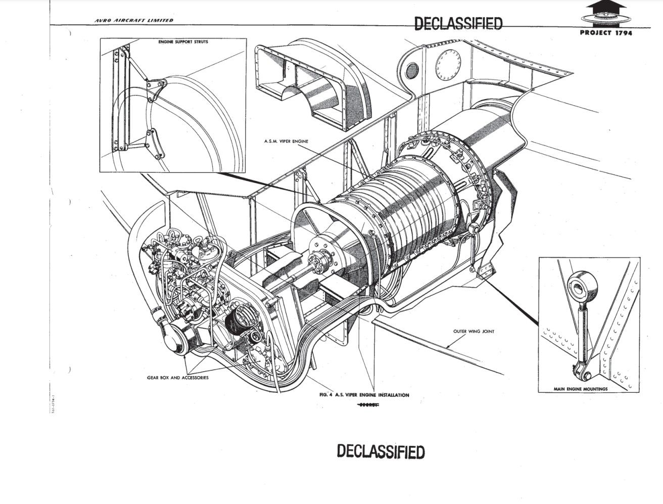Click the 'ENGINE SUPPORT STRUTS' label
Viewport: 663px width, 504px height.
point(183,42)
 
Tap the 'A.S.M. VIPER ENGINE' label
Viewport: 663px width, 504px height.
point(286,142)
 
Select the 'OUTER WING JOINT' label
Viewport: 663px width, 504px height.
point(473,332)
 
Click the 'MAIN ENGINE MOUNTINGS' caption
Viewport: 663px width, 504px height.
point(581,389)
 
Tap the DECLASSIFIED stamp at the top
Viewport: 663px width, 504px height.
point(458,23)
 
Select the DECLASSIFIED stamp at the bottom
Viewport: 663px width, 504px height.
point(381,451)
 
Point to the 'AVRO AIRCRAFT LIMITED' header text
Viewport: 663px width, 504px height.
point(134,20)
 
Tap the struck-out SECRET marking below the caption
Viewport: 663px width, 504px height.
point(368,405)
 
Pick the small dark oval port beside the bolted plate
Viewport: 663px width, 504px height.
point(413,69)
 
